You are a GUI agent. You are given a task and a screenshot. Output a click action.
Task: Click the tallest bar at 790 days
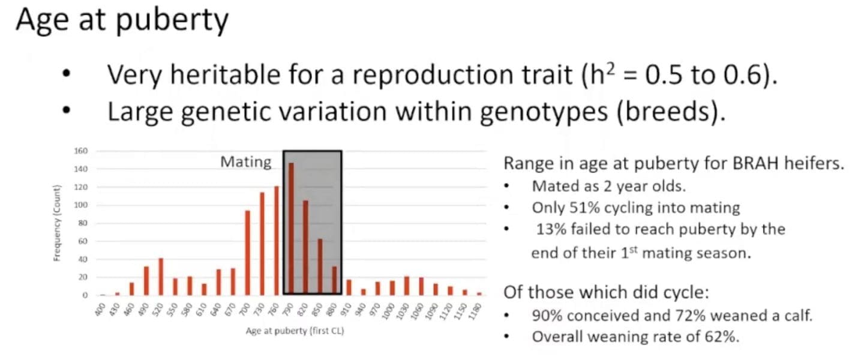point(291,229)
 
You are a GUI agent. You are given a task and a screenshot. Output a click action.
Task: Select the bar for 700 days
point(248,253)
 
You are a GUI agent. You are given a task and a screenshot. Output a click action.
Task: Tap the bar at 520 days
point(161,277)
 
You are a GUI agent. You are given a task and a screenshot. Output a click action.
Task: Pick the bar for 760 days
point(277,241)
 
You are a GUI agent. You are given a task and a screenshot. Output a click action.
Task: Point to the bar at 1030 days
point(407,286)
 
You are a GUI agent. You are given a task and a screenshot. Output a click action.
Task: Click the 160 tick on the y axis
point(81,151)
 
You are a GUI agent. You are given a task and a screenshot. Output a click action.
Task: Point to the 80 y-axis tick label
point(83,223)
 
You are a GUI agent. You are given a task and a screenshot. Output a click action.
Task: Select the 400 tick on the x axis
point(100,310)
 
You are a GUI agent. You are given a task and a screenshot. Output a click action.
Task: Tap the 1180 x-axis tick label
point(476,311)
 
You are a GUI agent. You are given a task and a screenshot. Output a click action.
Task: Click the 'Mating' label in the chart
point(246,162)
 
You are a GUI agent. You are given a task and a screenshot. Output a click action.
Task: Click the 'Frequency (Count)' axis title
point(57,223)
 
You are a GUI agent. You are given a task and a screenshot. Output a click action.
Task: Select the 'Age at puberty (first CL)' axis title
point(295,331)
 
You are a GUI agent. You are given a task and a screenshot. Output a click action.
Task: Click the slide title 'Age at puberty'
point(122,20)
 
